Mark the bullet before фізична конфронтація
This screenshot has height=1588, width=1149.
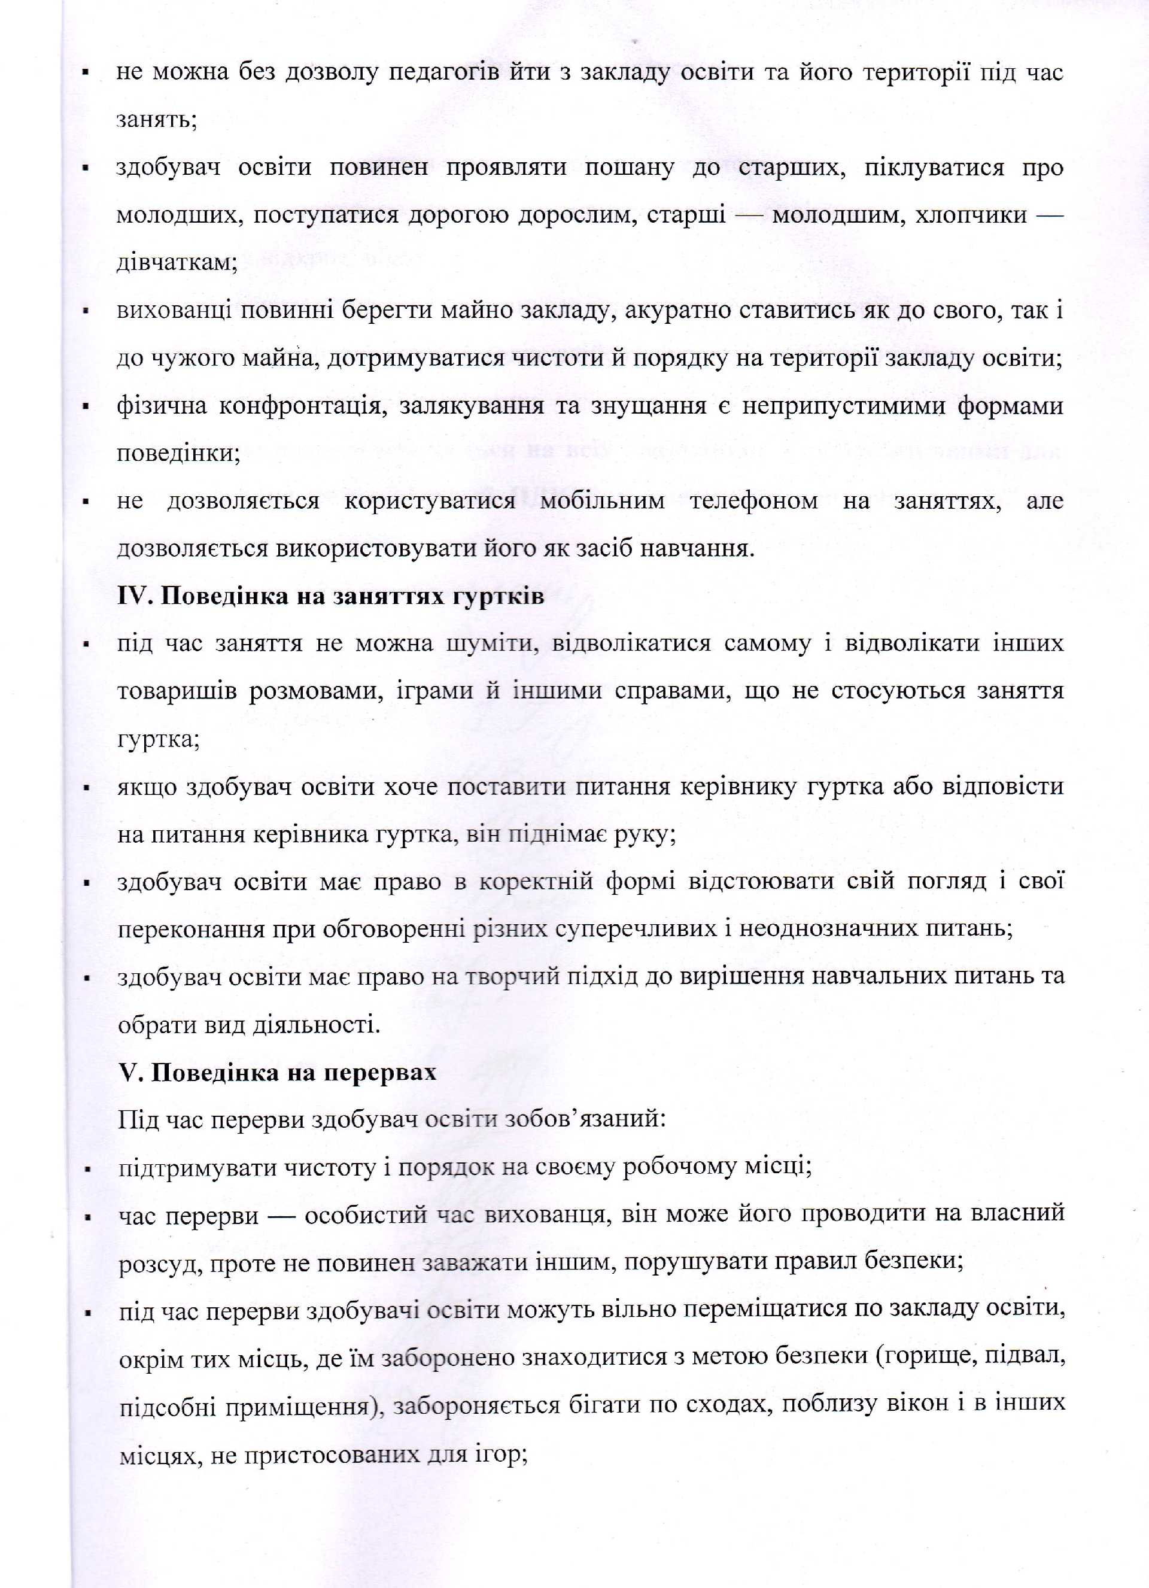(x=86, y=406)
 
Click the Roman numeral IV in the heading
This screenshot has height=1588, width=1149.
(x=133, y=597)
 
